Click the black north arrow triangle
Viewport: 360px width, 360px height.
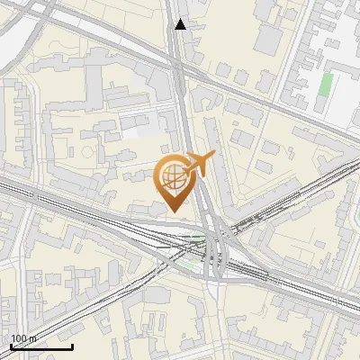(x=181, y=24)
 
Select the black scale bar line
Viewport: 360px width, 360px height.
(x=41, y=346)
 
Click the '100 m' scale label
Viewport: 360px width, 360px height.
(x=25, y=338)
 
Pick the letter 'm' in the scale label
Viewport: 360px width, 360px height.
(x=34, y=338)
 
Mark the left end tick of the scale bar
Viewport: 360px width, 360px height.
(x=11, y=345)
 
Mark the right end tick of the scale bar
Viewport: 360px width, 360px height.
(x=72, y=345)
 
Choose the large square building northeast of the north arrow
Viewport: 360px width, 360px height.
(x=270, y=36)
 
